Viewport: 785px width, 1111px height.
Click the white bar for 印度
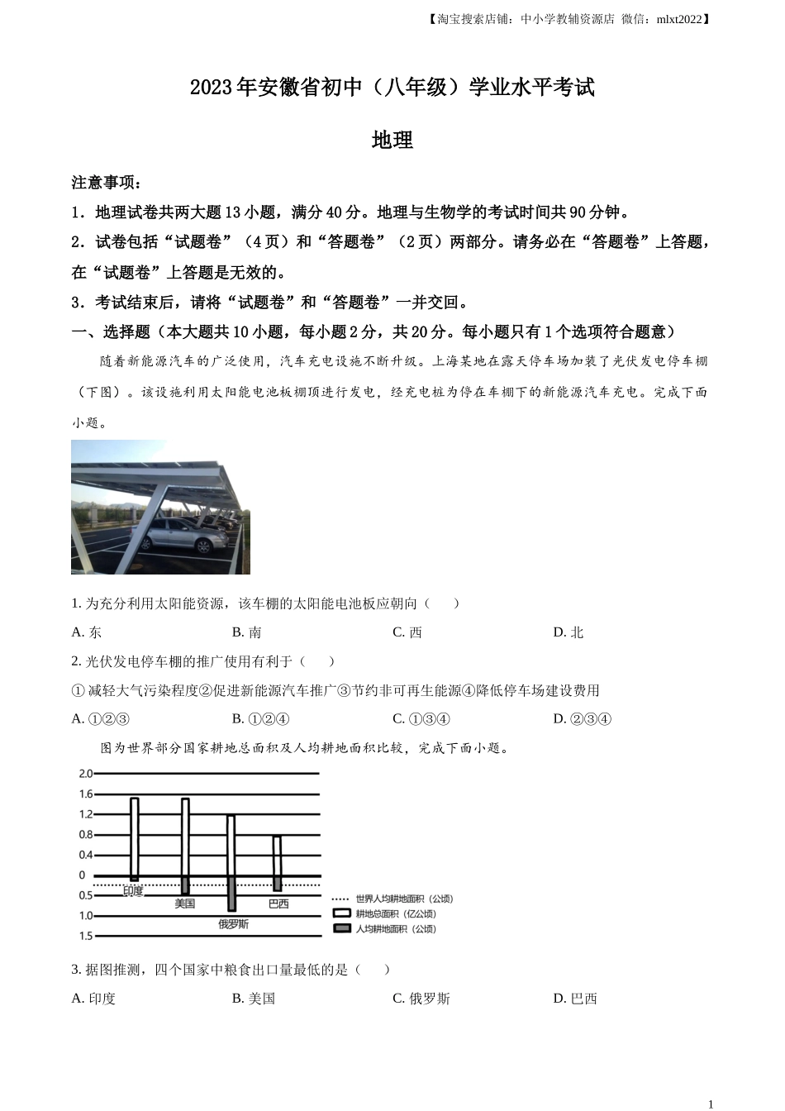coord(135,837)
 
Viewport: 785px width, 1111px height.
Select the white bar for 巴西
coord(277,856)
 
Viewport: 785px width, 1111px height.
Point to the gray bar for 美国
coord(185,885)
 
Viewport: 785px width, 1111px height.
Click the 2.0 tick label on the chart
coord(86,774)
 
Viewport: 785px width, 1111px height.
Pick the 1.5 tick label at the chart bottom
coord(86,936)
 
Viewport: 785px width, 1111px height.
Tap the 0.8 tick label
coord(86,835)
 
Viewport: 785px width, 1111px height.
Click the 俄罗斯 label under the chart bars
coord(233,924)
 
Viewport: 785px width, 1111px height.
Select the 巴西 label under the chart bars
coord(278,904)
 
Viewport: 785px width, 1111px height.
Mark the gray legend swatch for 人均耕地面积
coord(341,929)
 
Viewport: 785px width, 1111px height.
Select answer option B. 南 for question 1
coord(247,632)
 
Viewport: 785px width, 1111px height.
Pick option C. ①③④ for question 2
coord(421,719)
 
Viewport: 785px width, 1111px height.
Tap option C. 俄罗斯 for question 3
coord(421,999)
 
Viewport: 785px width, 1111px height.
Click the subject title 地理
coord(392,141)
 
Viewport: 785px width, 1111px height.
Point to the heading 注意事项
coord(106,183)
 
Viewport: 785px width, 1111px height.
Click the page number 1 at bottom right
coord(711,1104)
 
